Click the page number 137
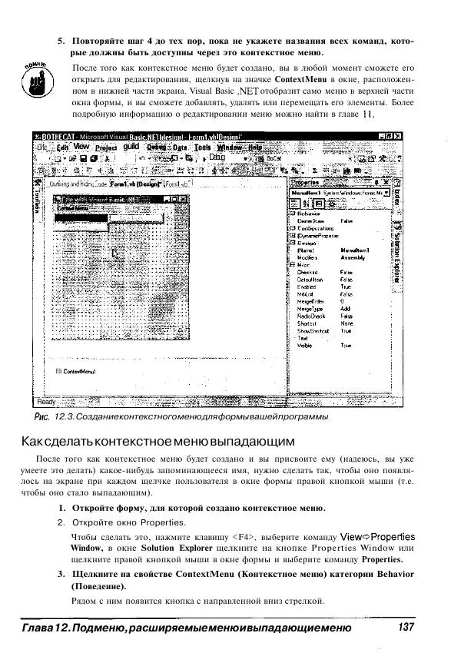pyautogui.click(x=406, y=628)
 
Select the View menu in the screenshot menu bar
pyautogui.click(x=81, y=147)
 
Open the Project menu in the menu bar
pyautogui.click(x=106, y=147)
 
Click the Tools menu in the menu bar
pyautogui.click(x=202, y=147)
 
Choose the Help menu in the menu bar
pyautogui.click(x=254, y=147)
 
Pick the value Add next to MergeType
pyautogui.click(x=343, y=307)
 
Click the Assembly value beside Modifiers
pyautogui.click(x=352, y=258)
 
